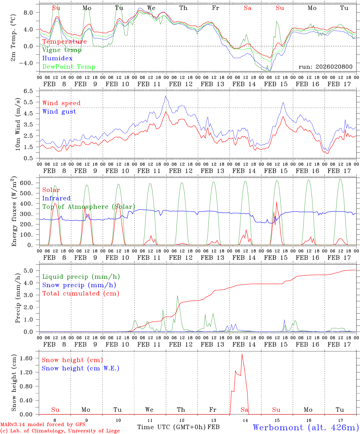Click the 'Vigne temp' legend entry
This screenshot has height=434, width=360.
tap(62, 50)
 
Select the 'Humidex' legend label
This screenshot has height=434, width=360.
tap(57, 58)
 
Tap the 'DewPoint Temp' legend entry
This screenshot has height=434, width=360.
tap(69, 67)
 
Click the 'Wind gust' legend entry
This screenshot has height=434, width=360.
tap(59, 112)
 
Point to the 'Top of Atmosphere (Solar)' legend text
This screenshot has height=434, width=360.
tap(89, 207)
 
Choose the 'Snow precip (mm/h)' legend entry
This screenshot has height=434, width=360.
tap(79, 285)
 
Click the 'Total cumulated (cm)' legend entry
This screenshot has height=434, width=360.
tap(81, 294)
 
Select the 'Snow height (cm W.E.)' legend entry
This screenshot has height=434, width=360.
tap(80, 368)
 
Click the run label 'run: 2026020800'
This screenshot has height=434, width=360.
tap(325, 67)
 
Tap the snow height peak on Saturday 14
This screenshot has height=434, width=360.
tap(242, 354)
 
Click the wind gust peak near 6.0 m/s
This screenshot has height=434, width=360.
tap(166, 96)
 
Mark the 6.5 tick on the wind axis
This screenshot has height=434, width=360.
tap(30, 91)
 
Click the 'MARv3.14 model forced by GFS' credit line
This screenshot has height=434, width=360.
tap(43, 425)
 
